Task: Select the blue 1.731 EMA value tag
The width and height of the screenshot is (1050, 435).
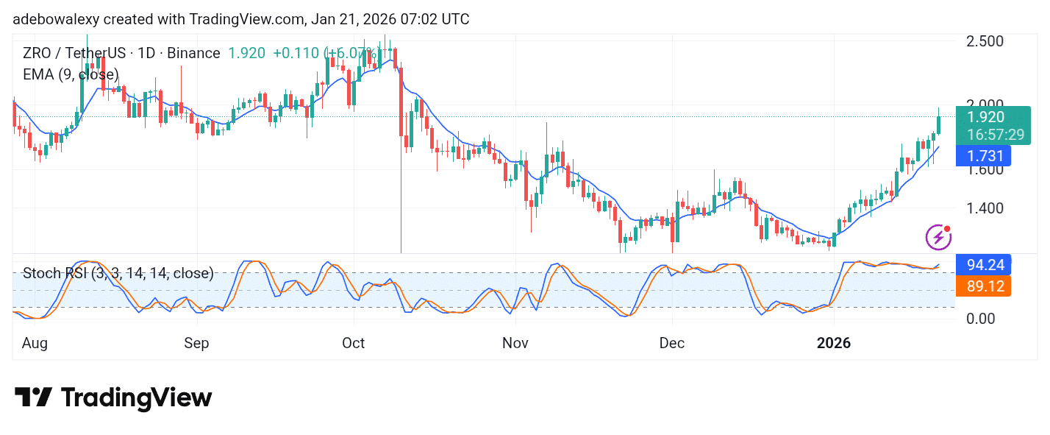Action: (983, 156)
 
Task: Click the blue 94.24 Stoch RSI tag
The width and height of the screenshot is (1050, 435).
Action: (983, 264)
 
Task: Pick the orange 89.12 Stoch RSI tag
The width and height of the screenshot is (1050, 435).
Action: (983, 286)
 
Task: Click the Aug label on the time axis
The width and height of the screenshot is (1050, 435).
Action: (35, 343)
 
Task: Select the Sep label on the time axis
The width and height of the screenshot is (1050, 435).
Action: (196, 343)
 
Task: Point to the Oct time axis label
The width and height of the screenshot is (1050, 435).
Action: (354, 343)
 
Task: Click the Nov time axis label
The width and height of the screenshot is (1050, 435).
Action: (515, 343)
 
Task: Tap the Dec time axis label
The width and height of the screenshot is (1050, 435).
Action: (672, 343)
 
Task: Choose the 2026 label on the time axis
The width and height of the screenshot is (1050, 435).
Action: (834, 343)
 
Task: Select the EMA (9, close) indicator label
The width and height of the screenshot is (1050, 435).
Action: (71, 74)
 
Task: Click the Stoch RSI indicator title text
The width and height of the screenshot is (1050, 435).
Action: (118, 274)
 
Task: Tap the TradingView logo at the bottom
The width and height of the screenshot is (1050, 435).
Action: (113, 398)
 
